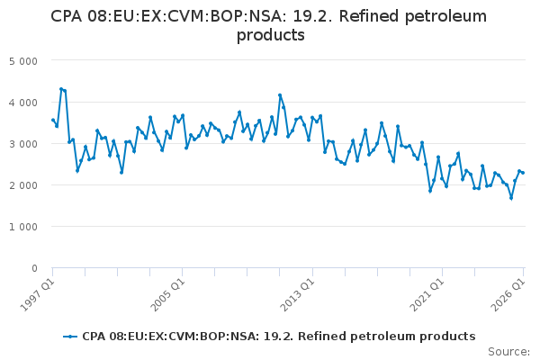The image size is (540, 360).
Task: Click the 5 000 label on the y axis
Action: pyautogui.click(x=23, y=61)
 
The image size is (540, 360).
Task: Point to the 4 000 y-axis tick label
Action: pyautogui.click(x=23, y=103)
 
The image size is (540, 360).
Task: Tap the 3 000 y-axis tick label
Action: pyautogui.click(x=23, y=144)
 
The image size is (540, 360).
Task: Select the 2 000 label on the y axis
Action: pyautogui.click(x=23, y=185)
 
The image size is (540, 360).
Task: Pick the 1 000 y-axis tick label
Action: pyautogui.click(x=23, y=227)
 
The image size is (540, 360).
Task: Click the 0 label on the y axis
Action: pyautogui.click(x=34, y=268)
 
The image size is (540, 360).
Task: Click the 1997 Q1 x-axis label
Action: pyautogui.click(x=37, y=295)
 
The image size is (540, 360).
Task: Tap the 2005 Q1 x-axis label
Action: pyautogui.click(x=167, y=295)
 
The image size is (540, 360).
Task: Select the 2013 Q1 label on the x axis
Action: pyautogui.click(x=297, y=295)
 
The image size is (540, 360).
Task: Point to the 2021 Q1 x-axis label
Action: pyautogui.click(x=427, y=295)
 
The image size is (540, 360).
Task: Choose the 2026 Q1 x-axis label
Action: pyautogui.click(x=508, y=295)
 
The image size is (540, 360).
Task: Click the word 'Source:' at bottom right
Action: pyautogui.click(x=508, y=352)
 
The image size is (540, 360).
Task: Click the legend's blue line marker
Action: pyautogui.click(x=70, y=337)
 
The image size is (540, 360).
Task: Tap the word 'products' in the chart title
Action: pyautogui.click(x=271, y=35)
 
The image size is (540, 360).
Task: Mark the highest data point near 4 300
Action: pyautogui.click(x=61, y=89)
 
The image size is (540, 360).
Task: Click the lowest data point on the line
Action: pyautogui.click(x=511, y=198)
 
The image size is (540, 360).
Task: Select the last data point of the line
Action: pyautogui.click(x=523, y=173)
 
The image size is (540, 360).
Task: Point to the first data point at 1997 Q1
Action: pyautogui.click(x=53, y=120)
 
